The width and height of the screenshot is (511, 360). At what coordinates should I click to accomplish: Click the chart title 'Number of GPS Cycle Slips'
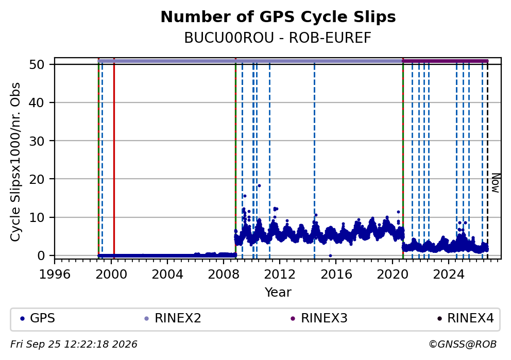(x=278, y=17)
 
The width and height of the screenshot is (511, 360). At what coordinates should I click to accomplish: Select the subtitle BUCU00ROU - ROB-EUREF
(x=278, y=38)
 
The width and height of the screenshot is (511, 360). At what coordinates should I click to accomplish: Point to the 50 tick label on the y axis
(x=37, y=64)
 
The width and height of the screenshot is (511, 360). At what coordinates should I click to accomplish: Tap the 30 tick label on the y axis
(x=37, y=141)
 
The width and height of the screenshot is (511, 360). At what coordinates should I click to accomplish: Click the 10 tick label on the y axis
(x=37, y=217)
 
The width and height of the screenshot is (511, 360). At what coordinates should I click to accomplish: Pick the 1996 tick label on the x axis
(x=55, y=275)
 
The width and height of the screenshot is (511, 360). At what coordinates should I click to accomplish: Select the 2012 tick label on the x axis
(x=280, y=275)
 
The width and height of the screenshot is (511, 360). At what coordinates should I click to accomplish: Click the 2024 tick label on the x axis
(x=449, y=275)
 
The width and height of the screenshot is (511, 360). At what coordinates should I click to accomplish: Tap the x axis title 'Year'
(x=278, y=292)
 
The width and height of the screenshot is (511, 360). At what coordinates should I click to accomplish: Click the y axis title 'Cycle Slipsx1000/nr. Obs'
(x=15, y=162)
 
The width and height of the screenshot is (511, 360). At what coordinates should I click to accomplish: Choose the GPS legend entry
(x=38, y=318)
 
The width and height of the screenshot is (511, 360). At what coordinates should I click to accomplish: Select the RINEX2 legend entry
(x=173, y=318)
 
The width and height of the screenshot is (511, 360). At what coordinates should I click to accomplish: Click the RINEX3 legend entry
(x=319, y=318)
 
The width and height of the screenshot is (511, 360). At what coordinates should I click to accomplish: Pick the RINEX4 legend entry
(x=466, y=318)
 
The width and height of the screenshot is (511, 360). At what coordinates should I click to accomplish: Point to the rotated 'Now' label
(x=496, y=183)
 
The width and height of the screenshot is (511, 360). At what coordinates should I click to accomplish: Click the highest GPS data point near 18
(x=260, y=186)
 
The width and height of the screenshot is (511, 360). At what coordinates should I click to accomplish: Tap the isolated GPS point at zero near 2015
(x=330, y=256)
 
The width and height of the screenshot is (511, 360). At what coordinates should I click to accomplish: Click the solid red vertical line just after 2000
(x=114, y=160)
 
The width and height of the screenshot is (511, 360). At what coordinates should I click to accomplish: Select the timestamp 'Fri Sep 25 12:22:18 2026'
(x=74, y=345)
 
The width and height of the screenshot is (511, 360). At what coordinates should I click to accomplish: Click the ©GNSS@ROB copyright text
(x=463, y=345)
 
